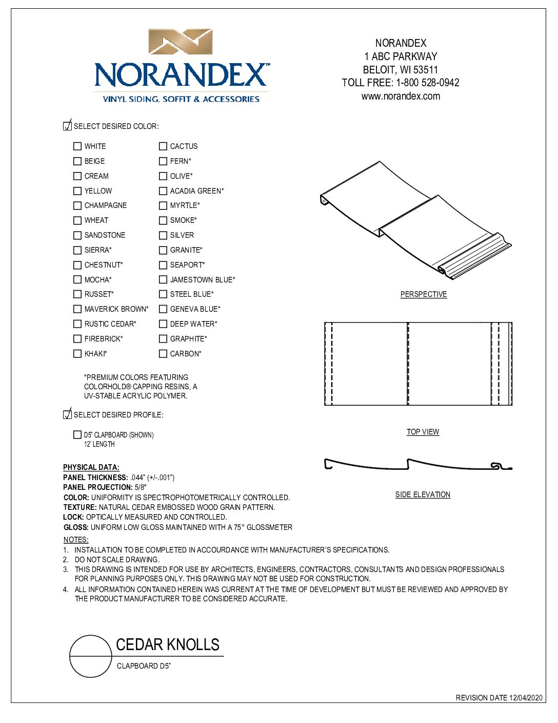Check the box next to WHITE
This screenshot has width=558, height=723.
click(x=77, y=146)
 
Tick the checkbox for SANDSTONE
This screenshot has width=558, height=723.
click(x=77, y=235)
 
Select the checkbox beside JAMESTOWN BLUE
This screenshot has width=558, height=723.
click(x=163, y=280)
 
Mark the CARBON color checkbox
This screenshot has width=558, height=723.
click(x=163, y=354)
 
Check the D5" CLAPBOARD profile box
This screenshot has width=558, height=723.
click(x=77, y=435)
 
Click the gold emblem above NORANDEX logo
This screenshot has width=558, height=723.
click(x=181, y=42)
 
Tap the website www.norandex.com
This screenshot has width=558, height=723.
click(x=401, y=96)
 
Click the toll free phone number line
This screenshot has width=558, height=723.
click(x=401, y=83)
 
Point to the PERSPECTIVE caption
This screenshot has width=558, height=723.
click(x=423, y=294)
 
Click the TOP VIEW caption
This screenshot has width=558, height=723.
click(x=423, y=432)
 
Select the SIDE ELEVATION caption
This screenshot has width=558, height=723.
click(x=423, y=494)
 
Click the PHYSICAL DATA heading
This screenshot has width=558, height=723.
click(x=91, y=467)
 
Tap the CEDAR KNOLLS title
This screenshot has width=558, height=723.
click(x=168, y=644)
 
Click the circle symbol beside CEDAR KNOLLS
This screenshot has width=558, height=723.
click(x=91, y=656)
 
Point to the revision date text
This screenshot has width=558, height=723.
click(x=499, y=698)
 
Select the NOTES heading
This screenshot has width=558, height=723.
click(x=76, y=540)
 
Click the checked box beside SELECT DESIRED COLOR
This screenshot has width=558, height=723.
click(x=67, y=126)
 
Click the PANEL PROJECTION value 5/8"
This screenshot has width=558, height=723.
click(x=141, y=487)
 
